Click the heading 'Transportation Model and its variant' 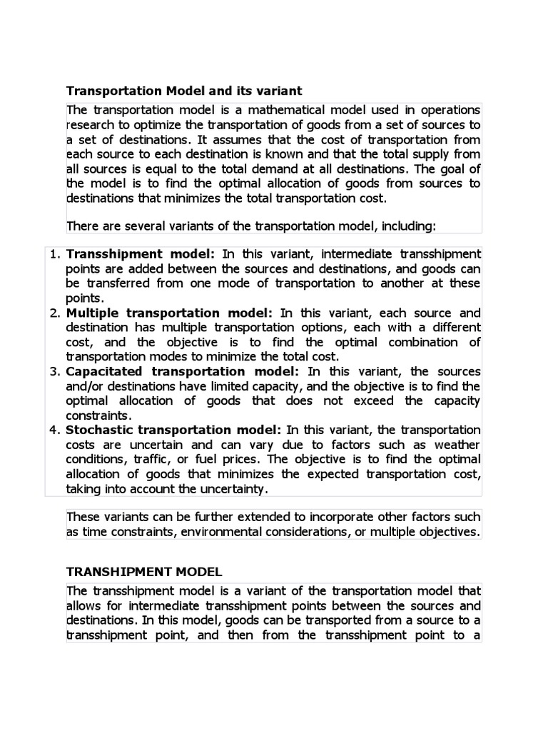pyautogui.click(x=184, y=91)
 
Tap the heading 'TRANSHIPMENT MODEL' pyautogui.click(x=144, y=572)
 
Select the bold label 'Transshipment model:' pyautogui.click(x=141, y=254)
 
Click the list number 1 pyautogui.click(x=57, y=254)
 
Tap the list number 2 pyautogui.click(x=57, y=313)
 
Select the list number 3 pyautogui.click(x=57, y=371)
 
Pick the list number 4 pyautogui.click(x=57, y=430)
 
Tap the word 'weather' pyautogui.click(x=455, y=444)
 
